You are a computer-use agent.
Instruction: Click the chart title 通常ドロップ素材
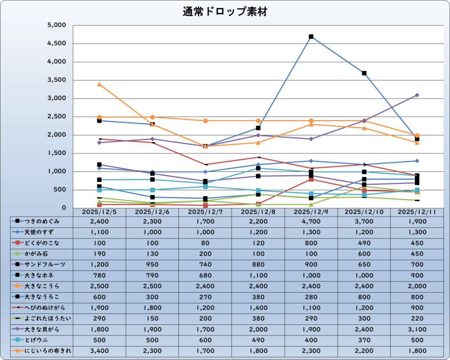[225, 12]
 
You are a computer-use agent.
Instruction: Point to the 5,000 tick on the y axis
[56, 25]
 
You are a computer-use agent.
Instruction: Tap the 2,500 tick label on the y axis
[56, 117]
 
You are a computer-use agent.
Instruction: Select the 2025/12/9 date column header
[311, 212]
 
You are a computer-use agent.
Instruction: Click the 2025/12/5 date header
[99, 212]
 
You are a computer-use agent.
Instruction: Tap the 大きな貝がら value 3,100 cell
[417, 329]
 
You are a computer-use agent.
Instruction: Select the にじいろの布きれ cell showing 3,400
[99, 350]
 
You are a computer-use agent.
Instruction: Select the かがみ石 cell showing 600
[364, 254]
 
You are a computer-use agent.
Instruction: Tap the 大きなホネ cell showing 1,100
[258, 275]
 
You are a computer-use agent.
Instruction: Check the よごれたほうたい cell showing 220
[417, 318]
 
